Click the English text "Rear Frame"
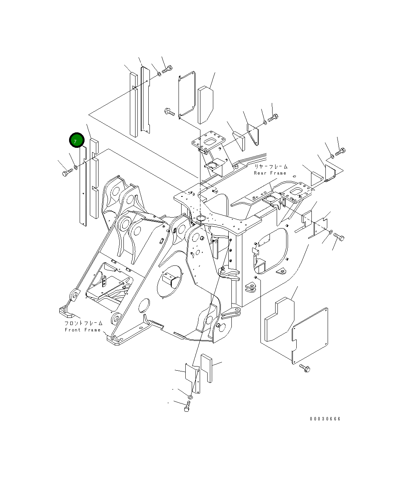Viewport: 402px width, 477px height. [270, 173]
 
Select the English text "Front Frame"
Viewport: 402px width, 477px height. [83, 330]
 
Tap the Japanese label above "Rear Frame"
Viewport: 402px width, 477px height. [271, 166]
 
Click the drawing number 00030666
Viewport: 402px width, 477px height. [325, 419]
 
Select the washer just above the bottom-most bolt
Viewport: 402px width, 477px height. [190, 397]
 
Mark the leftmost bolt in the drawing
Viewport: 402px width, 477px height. [66, 173]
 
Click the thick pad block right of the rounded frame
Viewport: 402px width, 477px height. [206, 105]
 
